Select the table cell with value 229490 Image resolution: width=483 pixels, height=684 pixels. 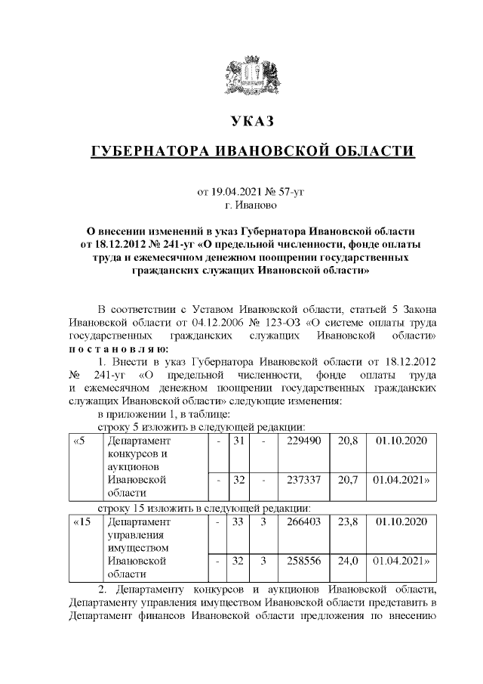tap(303, 440)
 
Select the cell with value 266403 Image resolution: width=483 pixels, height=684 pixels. tap(303, 522)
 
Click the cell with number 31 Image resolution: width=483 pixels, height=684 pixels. tap(235, 440)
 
